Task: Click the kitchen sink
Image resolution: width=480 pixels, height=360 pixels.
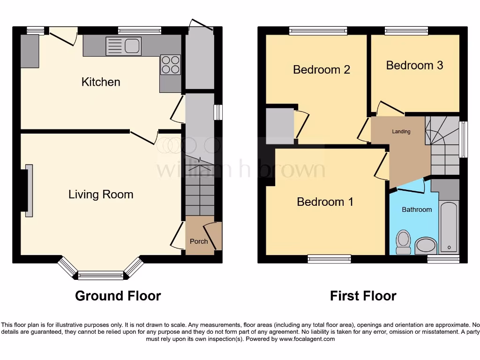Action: point(123,46)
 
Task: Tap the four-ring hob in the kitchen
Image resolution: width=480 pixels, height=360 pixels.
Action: point(170,65)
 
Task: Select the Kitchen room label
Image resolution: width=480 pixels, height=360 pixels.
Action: point(101,82)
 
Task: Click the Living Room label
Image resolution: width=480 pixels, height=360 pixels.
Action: point(101,195)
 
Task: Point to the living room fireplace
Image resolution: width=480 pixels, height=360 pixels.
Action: point(29,190)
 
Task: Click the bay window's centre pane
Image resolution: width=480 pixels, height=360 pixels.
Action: point(100,276)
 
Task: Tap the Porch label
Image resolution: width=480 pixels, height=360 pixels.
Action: point(198,241)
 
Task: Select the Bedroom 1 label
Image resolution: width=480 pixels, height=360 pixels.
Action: point(325,202)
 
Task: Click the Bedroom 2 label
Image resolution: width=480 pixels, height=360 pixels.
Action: point(322,70)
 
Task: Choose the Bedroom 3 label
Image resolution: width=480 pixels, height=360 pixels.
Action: point(414,65)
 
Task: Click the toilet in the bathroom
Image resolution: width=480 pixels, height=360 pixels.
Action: point(403,241)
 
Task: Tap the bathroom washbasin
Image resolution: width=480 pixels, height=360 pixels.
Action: point(426,245)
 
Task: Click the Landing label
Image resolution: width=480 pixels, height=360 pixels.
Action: point(401,132)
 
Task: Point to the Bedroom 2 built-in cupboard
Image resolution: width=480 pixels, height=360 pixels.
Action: point(280,126)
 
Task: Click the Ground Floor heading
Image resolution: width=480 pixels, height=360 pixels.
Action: point(118,296)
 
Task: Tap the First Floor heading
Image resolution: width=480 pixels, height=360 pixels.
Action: point(363,296)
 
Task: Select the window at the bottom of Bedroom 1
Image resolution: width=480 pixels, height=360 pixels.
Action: point(329,259)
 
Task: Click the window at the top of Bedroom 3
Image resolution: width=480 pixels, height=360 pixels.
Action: point(406,30)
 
